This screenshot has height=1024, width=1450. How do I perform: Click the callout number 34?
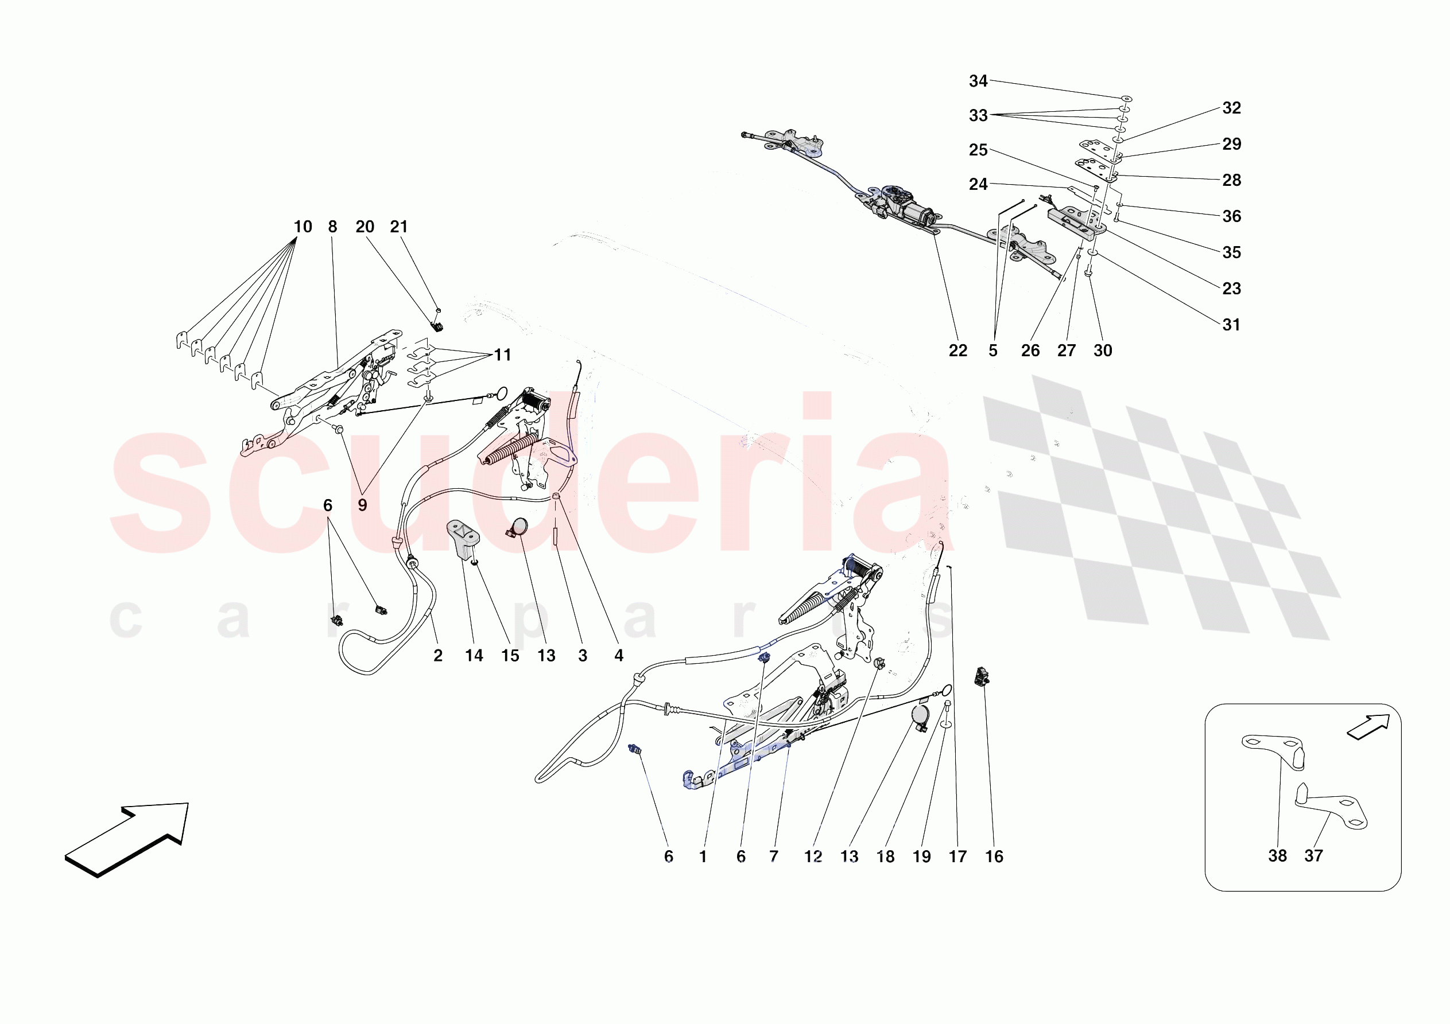(978, 81)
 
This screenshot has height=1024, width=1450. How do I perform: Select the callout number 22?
(957, 351)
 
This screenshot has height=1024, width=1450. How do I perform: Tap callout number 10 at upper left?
(303, 227)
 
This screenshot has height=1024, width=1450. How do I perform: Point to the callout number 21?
(398, 227)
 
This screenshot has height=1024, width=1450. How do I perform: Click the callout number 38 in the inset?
(1277, 856)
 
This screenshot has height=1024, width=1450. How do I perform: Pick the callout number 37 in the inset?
(1313, 856)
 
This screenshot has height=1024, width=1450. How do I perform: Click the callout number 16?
(994, 856)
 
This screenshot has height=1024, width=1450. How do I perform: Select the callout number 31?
(1231, 325)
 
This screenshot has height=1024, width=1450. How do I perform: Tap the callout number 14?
(474, 656)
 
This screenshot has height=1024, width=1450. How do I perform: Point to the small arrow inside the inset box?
(1368, 727)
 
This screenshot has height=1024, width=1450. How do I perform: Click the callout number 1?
(703, 856)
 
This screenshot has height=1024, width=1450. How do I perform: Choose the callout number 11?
(503, 355)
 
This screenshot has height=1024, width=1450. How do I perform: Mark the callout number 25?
(978, 150)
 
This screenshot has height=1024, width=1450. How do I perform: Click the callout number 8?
(333, 227)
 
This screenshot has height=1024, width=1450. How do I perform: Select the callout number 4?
(619, 656)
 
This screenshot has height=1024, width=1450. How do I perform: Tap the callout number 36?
(1231, 216)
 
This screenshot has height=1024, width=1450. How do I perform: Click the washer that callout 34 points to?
(1127, 99)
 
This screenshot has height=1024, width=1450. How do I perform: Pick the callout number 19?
(921, 856)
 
